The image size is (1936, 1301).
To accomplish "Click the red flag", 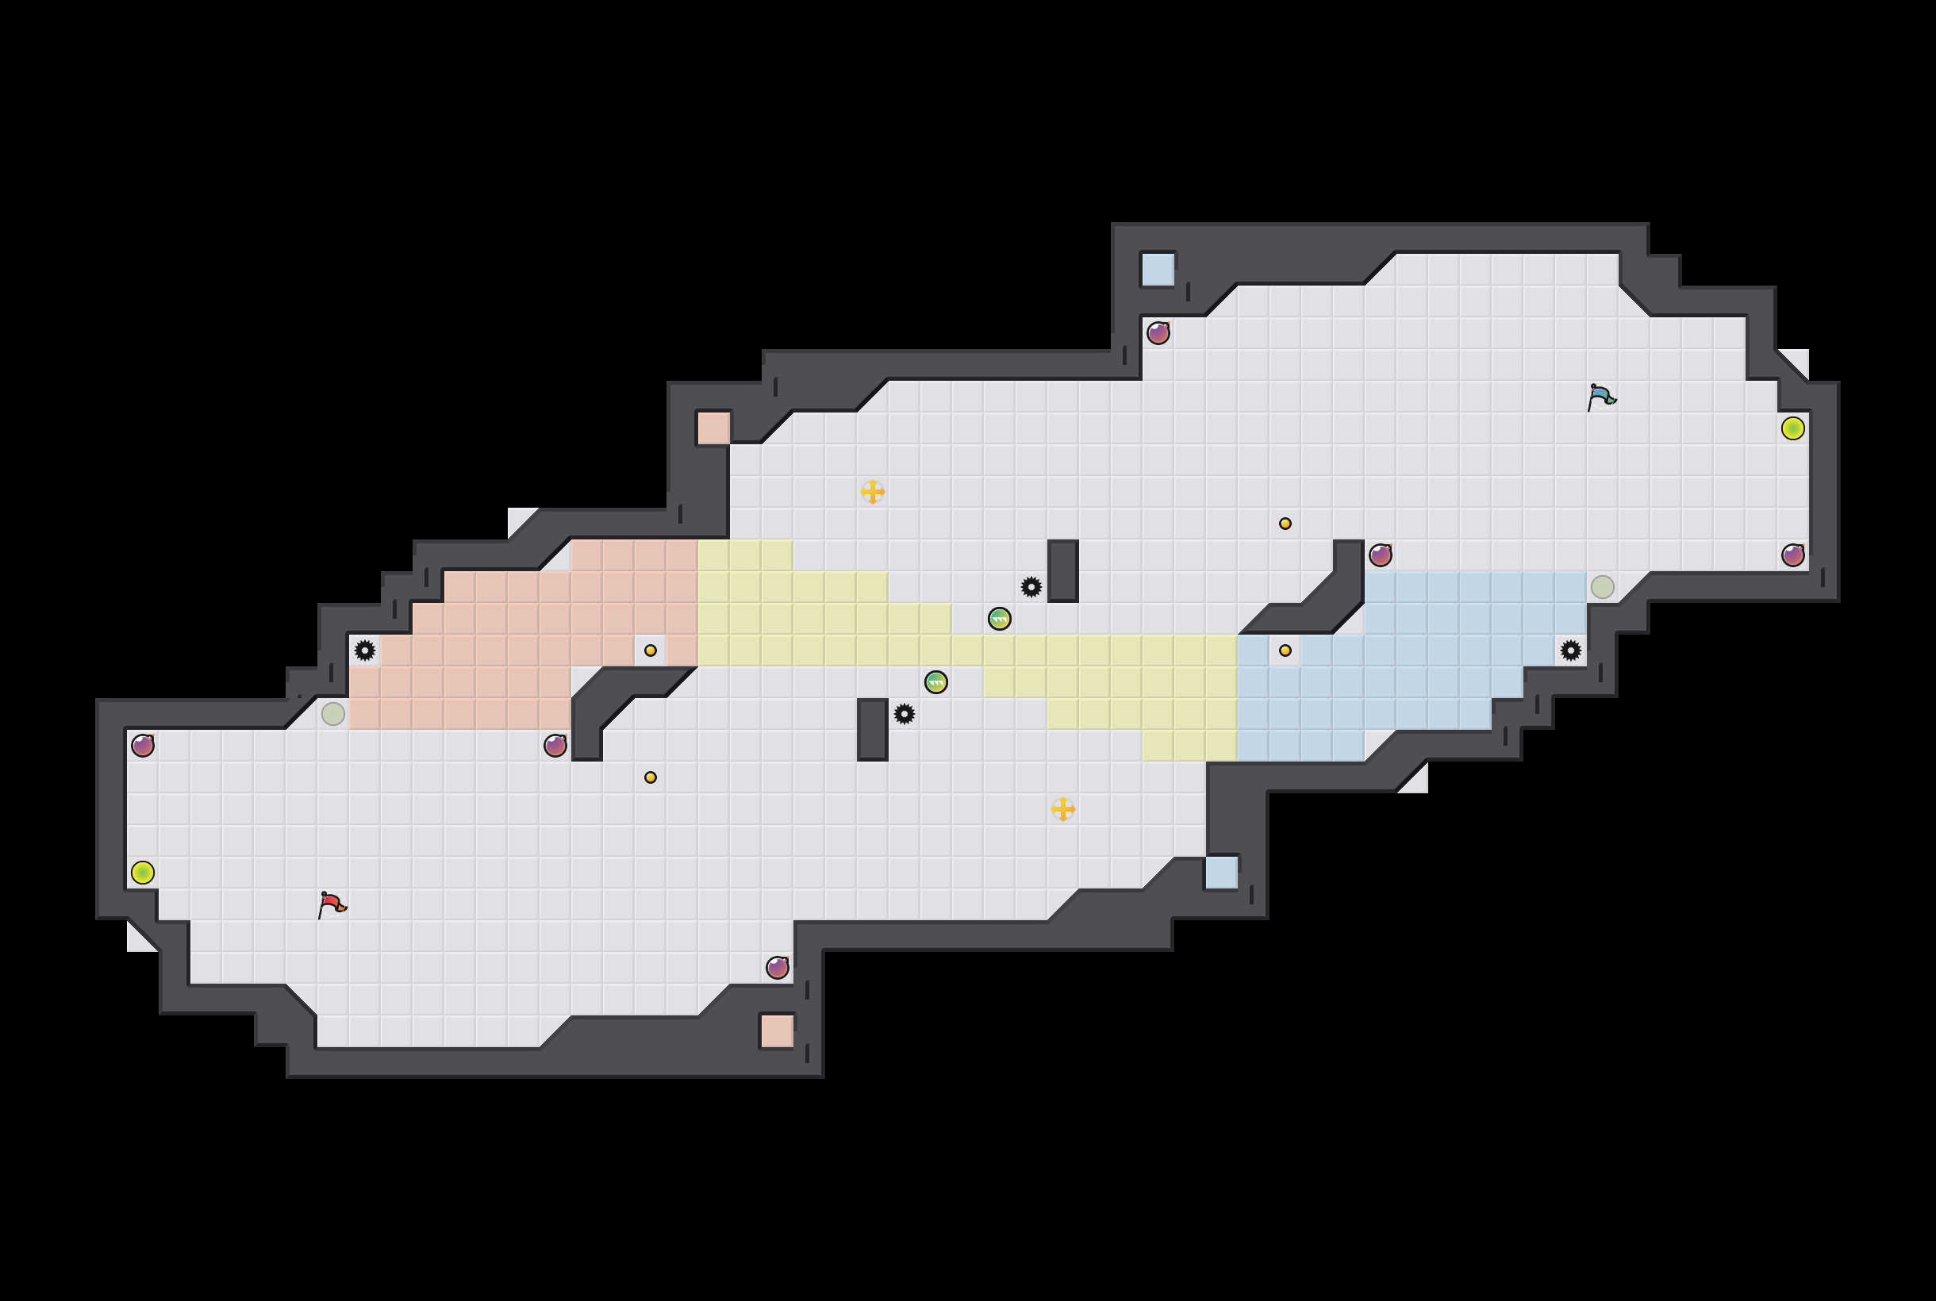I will click(332, 904).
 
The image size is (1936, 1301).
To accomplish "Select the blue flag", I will click(1602, 397).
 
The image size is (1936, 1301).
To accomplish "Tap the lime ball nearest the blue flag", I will click(1792, 428).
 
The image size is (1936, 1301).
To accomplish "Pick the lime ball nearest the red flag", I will click(143, 872).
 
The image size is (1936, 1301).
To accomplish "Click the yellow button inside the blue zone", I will click(1285, 650).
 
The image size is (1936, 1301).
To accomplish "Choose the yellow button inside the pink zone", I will click(651, 650).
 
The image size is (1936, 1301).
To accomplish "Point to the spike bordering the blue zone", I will click(1570, 650).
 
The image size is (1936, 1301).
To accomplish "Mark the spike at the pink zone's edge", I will click(364, 650).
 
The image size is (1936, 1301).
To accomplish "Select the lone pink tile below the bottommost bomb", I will click(777, 1030).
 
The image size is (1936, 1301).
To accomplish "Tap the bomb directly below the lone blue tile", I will click(1158, 332).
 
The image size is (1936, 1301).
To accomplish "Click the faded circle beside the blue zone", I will click(1602, 586).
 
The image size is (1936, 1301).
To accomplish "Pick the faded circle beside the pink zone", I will click(332, 713).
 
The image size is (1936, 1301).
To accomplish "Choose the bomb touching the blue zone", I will click(1380, 555).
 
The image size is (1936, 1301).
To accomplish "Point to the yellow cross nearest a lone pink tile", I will click(872, 491).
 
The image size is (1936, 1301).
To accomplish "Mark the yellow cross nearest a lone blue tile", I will click(1062, 809).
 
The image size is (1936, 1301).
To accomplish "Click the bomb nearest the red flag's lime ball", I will click(143, 745).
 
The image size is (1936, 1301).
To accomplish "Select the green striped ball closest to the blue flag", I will click(999, 618).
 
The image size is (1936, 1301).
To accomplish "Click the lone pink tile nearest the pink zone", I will click(713, 428).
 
